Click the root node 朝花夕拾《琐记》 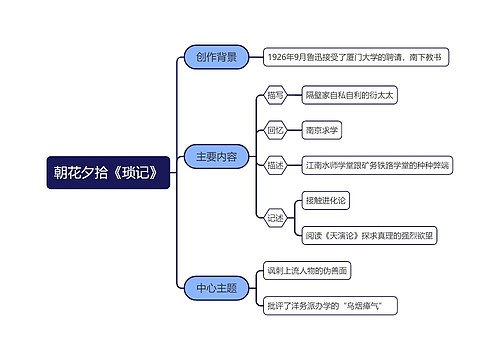[109, 173]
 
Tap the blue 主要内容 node [216, 156]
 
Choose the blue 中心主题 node [216, 288]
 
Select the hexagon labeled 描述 [276, 164]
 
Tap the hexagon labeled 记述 [276, 216]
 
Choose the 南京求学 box [322, 130]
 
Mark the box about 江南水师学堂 [375, 164]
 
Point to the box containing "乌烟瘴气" [325, 303]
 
